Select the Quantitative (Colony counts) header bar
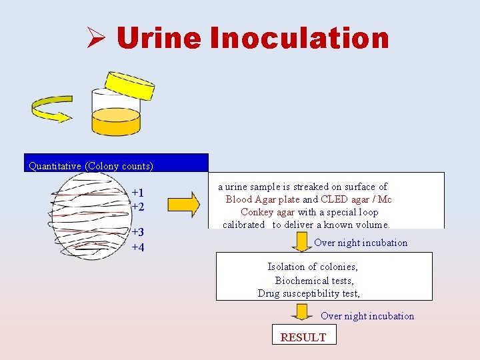tap(116, 163)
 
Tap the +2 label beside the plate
tap(137, 207)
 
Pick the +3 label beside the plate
tap(137, 233)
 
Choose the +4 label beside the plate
tap(137, 248)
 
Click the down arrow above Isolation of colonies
tap(302, 241)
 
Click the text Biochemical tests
tap(315, 281)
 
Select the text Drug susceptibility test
tap(309, 293)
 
